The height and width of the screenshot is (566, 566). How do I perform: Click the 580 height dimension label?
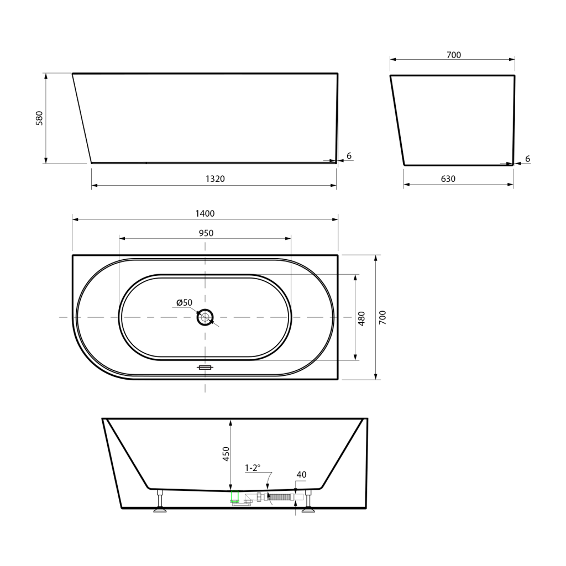39,118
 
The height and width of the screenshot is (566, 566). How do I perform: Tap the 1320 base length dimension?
215,179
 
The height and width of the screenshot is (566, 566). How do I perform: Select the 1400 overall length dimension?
205,213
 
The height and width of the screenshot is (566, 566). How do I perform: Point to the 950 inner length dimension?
206,233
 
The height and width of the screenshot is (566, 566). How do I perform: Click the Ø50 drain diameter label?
185,302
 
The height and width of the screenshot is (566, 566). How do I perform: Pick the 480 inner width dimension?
361,318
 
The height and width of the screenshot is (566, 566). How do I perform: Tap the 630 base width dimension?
448,179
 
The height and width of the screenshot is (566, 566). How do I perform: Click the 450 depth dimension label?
226,454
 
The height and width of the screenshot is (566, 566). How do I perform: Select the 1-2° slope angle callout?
253,468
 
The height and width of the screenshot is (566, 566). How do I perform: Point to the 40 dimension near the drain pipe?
301,475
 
